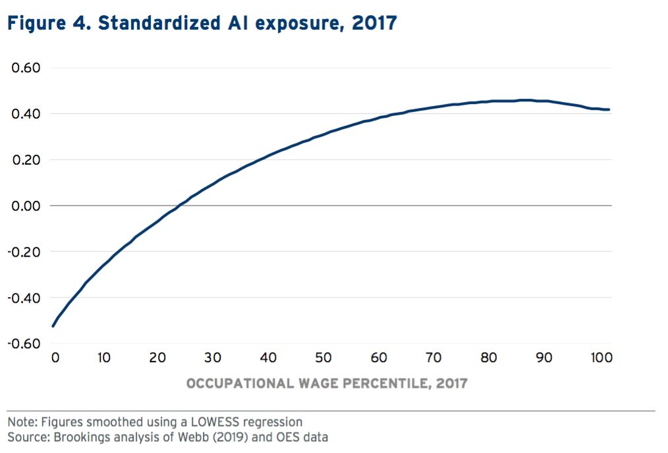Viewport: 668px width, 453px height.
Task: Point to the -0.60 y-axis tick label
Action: tap(24, 344)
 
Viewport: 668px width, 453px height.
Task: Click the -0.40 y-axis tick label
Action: tap(24, 298)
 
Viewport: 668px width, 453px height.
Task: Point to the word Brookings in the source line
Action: tap(68, 437)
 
